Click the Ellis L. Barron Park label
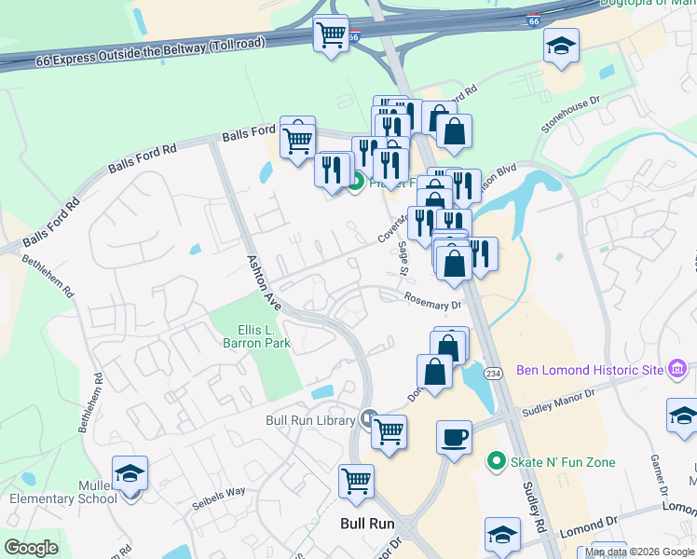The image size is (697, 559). tap(263, 336)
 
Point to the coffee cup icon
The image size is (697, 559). tap(455, 437)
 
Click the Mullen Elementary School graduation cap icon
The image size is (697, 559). tap(130, 473)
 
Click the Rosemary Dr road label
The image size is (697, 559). tap(432, 300)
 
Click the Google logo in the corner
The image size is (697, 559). tap(31, 548)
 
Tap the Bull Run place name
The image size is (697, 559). tap(368, 524)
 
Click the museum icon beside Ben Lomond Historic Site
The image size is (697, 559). tap(678, 370)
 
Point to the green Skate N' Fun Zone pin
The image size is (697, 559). tap(498, 461)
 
